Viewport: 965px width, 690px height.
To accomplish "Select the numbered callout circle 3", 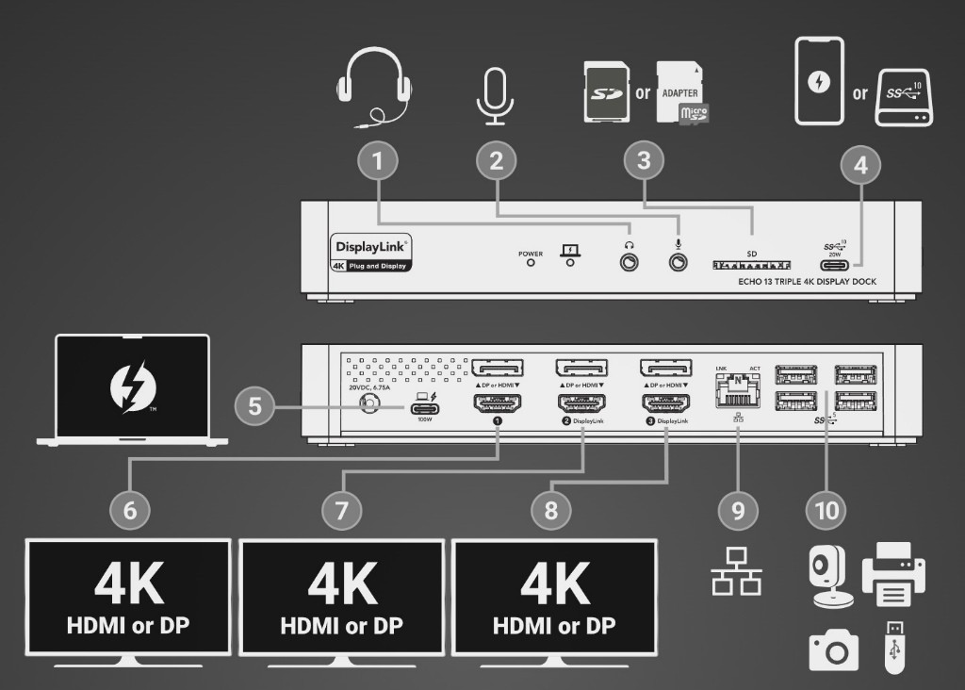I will [644, 160].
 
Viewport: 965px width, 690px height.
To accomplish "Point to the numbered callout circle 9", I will [738, 510].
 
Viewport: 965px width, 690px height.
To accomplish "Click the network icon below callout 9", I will [736, 571].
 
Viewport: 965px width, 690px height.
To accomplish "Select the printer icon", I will [893, 574].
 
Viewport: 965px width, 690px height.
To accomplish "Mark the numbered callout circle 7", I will [341, 510].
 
